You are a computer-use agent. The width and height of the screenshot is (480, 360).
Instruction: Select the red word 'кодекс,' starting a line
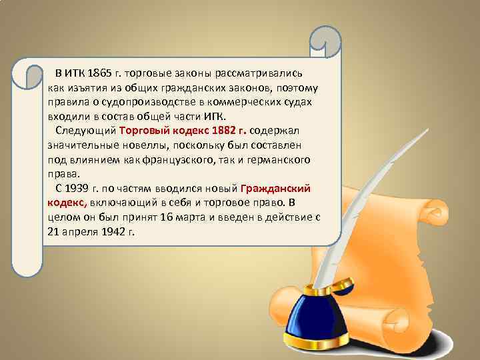tap(67, 203)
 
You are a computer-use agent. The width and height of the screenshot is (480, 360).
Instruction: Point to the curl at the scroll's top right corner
tap(327, 41)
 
